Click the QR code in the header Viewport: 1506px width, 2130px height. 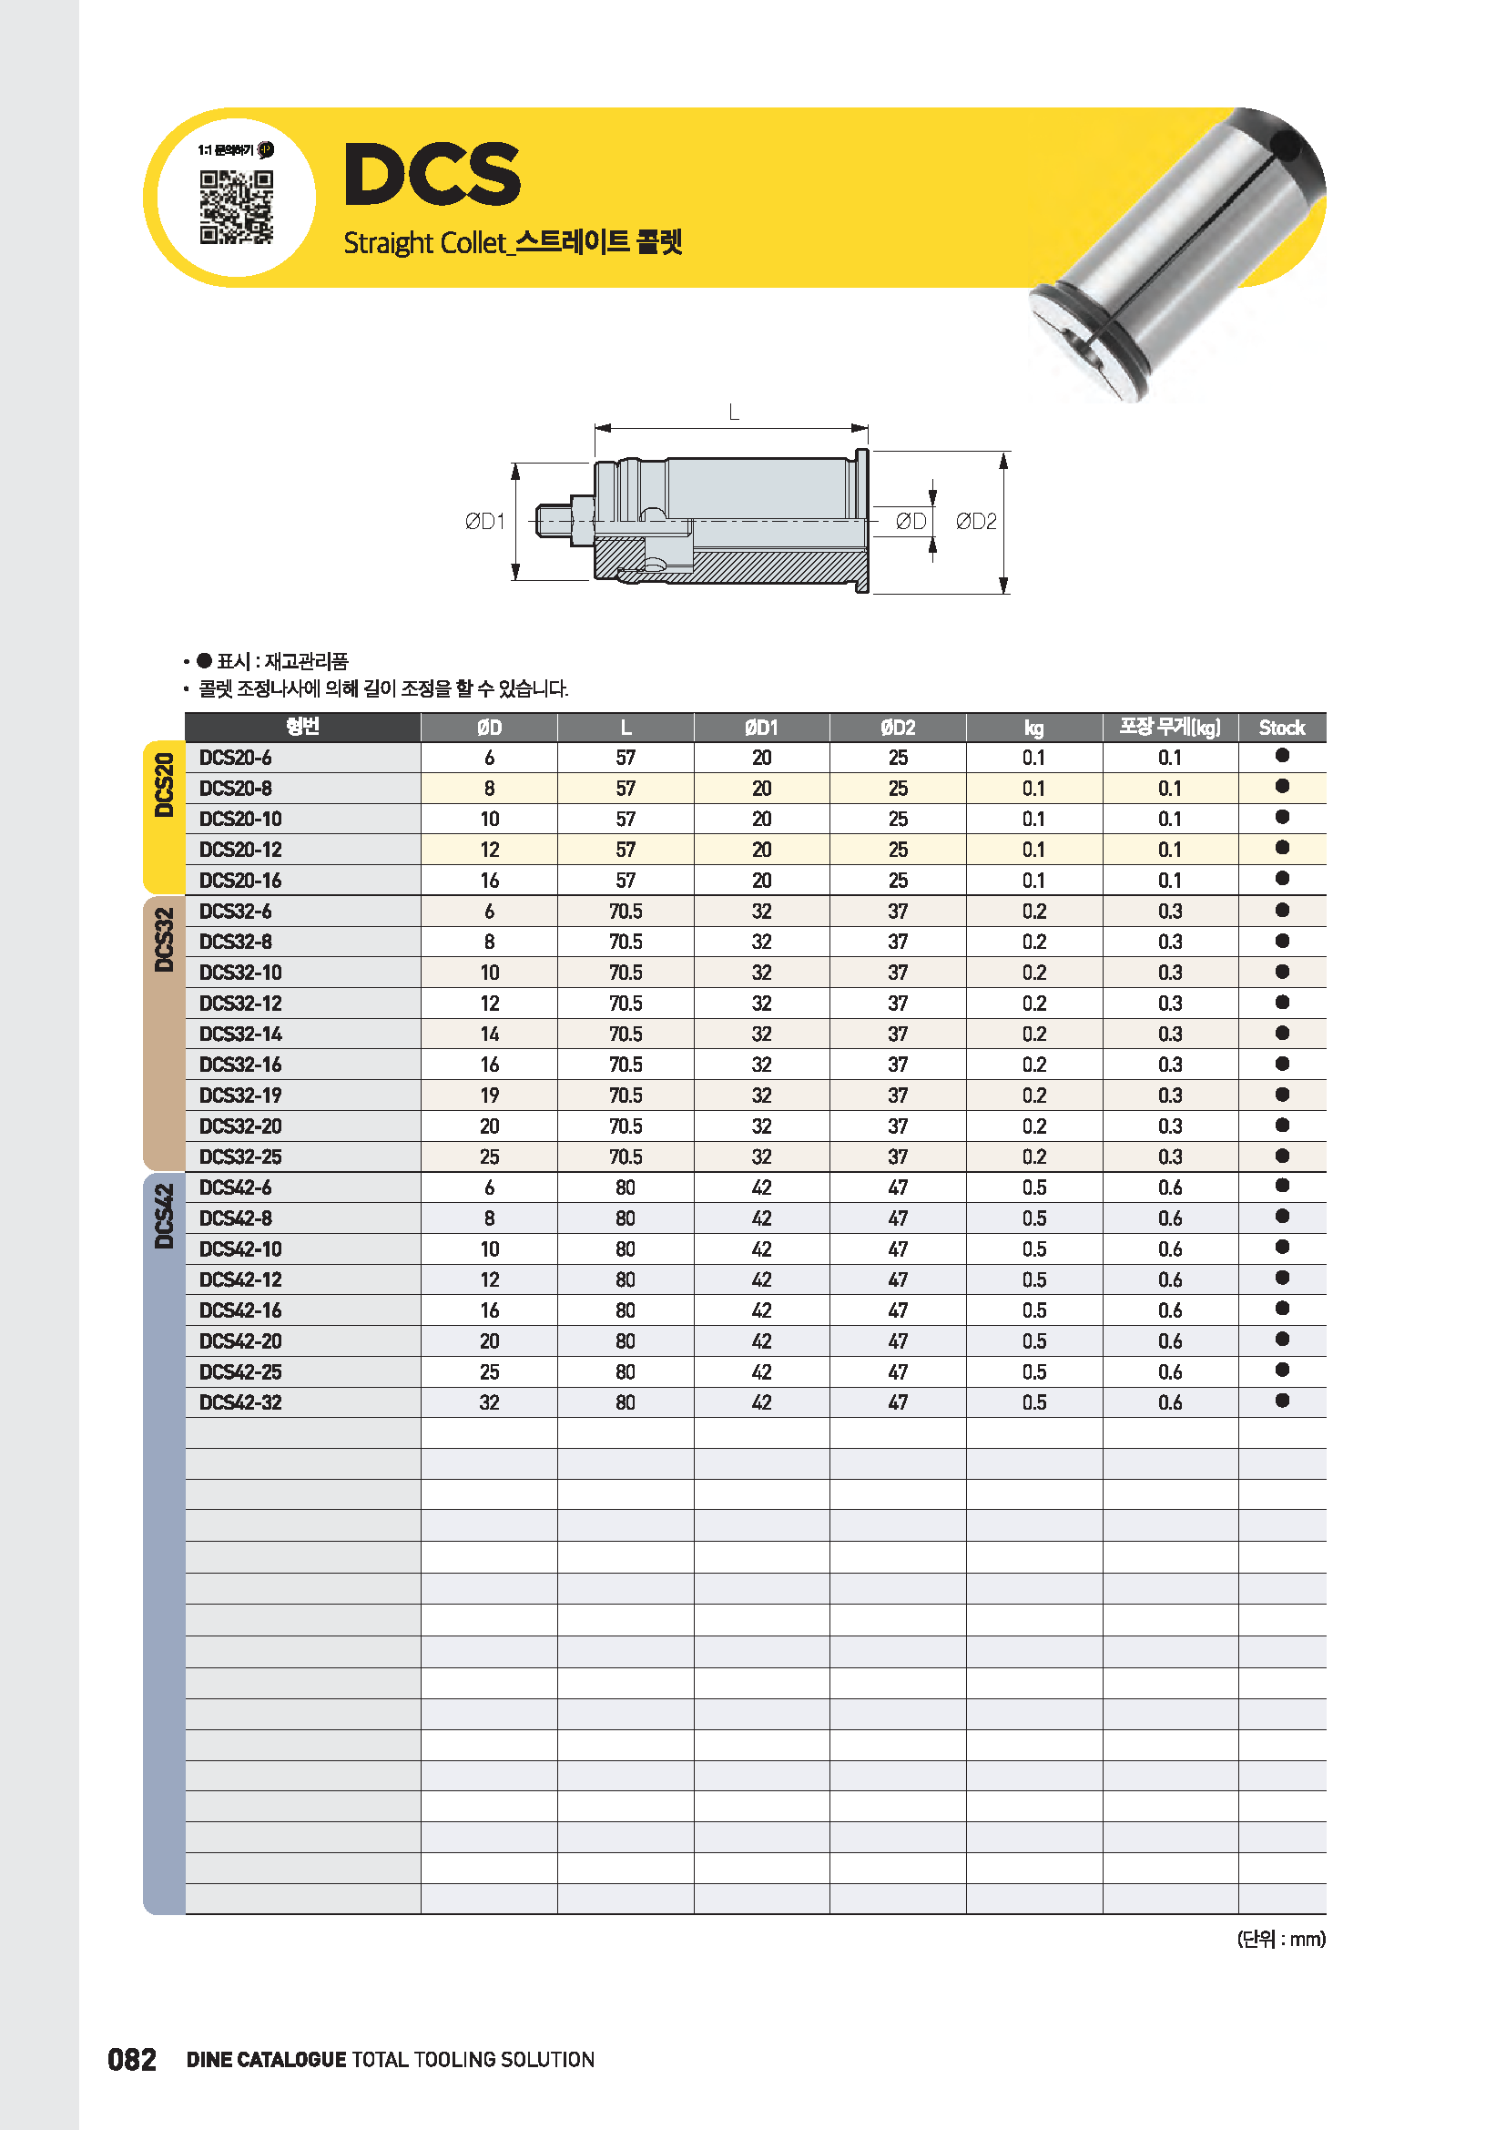click(x=237, y=206)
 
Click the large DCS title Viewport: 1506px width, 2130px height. click(x=432, y=175)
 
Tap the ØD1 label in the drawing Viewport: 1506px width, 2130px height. click(x=484, y=522)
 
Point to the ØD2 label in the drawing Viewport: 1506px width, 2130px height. click(x=975, y=522)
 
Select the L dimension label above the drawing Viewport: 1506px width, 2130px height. click(x=734, y=412)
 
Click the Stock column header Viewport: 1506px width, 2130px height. click(x=1281, y=729)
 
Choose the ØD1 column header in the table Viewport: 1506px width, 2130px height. click(x=760, y=729)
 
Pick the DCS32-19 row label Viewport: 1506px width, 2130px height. click(x=240, y=1096)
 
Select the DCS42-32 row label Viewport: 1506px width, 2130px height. click(x=240, y=1402)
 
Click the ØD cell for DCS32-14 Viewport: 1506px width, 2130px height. click(x=489, y=1034)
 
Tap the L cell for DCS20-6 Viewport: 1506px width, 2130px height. click(x=625, y=758)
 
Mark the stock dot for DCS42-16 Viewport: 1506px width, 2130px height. click(x=1282, y=1309)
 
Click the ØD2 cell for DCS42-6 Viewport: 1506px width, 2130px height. click(x=897, y=1188)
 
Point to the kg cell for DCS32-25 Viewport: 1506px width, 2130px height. click(x=1033, y=1157)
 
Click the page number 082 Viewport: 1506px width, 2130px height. click(x=132, y=2060)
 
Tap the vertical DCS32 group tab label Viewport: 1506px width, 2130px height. click(x=164, y=940)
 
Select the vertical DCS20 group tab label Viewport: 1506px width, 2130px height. click(x=164, y=785)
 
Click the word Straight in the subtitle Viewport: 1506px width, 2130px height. click(x=388, y=243)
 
